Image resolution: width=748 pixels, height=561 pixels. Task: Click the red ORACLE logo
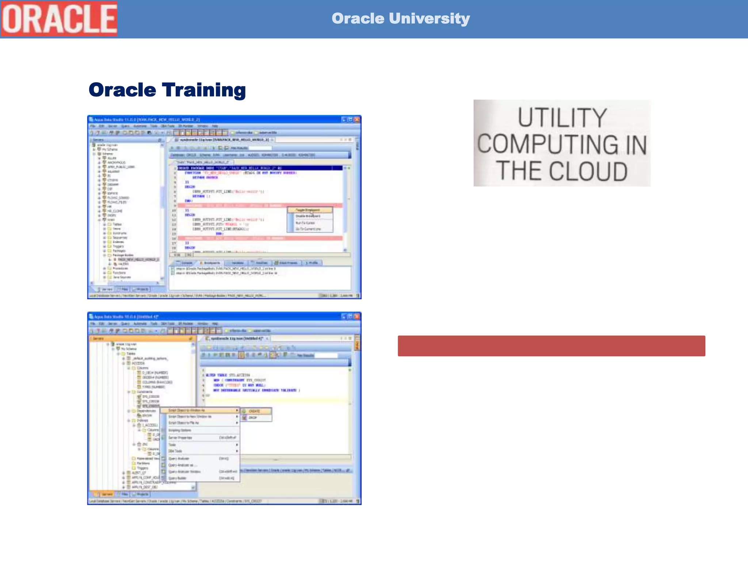(59, 19)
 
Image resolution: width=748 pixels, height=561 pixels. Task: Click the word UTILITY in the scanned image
(562, 118)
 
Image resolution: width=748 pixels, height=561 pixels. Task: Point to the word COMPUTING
(547, 144)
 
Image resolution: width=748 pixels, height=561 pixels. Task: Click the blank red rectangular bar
(551, 346)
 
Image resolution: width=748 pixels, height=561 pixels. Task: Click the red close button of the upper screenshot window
(357, 119)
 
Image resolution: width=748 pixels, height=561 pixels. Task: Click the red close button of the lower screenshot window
(357, 316)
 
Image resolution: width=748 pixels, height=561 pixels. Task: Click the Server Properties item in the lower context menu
(180, 438)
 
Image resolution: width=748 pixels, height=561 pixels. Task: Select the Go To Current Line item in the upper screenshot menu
(308, 229)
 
